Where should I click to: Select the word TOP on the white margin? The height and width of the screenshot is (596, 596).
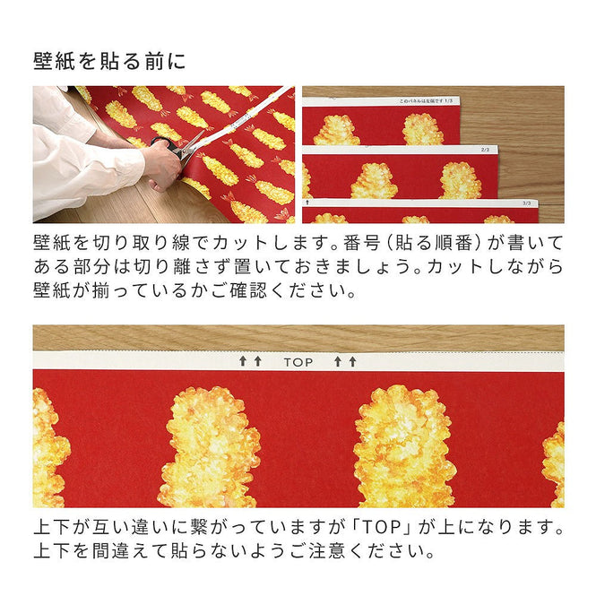(298, 362)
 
